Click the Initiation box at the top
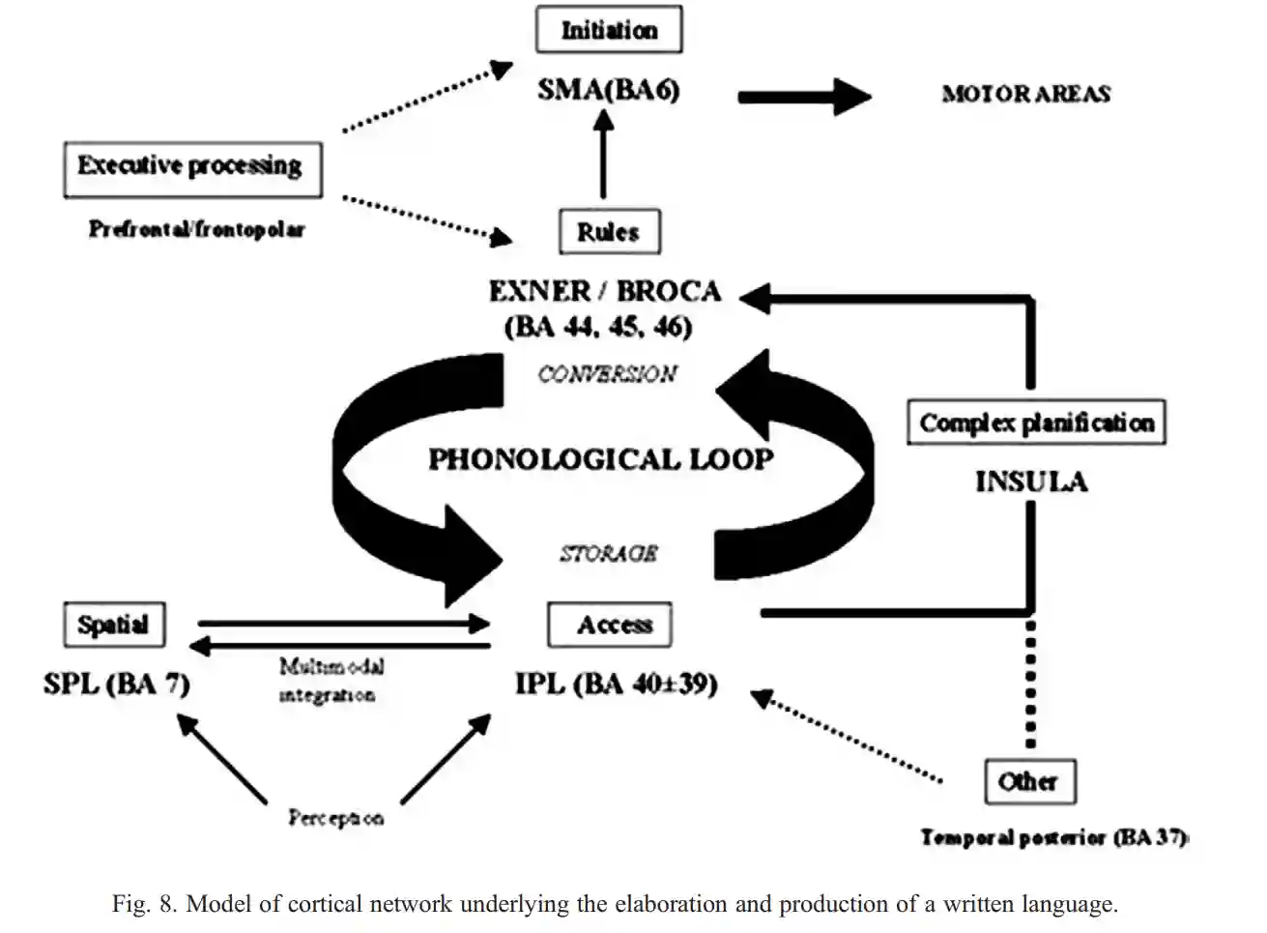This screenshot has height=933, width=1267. (609, 30)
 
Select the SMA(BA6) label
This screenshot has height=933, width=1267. (609, 90)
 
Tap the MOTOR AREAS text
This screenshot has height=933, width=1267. (1026, 94)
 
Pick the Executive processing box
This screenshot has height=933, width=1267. (192, 167)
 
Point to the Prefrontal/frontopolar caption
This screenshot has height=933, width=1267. (196, 229)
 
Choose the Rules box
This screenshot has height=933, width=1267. (609, 232)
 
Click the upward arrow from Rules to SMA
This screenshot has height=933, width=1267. (604, 155)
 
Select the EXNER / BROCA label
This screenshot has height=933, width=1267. (605, 291)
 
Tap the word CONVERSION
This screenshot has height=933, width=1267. (607, 374)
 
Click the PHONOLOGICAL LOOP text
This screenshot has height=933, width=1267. (600, 458)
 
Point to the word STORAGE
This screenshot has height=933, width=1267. (609, 553)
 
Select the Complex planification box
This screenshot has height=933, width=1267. (1036, 423)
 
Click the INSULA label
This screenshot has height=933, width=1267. (1031, 481)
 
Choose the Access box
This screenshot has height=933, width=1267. (610, 625)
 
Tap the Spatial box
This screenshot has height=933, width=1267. (114, 625)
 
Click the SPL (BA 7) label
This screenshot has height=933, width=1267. (117, 684)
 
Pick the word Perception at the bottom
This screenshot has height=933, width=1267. (335, 818)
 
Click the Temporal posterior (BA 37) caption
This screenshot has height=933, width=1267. (1054, 837)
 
